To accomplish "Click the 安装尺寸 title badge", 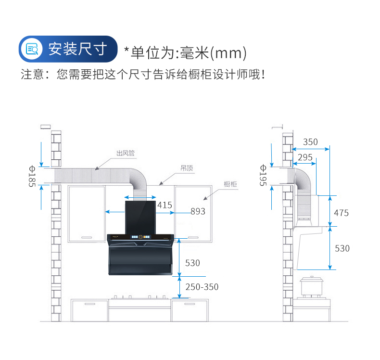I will pos(68,49).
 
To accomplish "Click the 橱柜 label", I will pos(230,184).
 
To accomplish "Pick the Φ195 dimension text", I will pos(263,175).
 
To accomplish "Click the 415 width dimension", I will pos(165,205).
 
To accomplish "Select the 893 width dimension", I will pos(198,211).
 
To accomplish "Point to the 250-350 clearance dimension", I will pos(202,287).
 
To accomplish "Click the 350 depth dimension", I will pos(310,142).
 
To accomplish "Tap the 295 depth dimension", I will pos(305,157).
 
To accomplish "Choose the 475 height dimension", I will pos(342,213).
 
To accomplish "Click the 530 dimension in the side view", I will pos(342,248).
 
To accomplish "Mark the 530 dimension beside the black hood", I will pos(192,263).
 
